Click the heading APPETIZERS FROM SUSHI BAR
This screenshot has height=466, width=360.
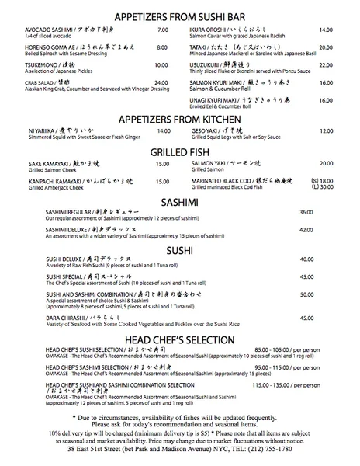click(180, 16)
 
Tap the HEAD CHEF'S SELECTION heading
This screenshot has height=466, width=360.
click(180, 339)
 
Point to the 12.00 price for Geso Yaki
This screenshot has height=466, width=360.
click(326, 131)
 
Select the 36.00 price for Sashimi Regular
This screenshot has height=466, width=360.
click(306, 212)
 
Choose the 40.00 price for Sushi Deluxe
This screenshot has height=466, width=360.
click(306, 259)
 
